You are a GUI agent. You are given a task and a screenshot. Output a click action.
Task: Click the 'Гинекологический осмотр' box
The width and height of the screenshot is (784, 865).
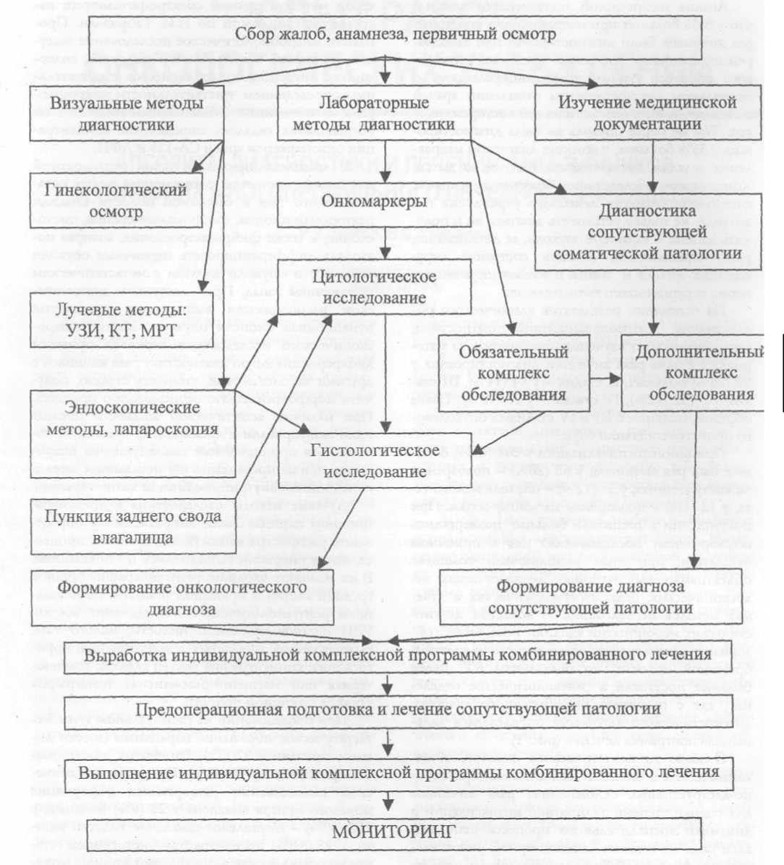116,201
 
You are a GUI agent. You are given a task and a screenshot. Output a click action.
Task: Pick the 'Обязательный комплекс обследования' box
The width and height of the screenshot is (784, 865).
514,373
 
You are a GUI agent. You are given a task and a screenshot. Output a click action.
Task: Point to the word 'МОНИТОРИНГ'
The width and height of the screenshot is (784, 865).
393,830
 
